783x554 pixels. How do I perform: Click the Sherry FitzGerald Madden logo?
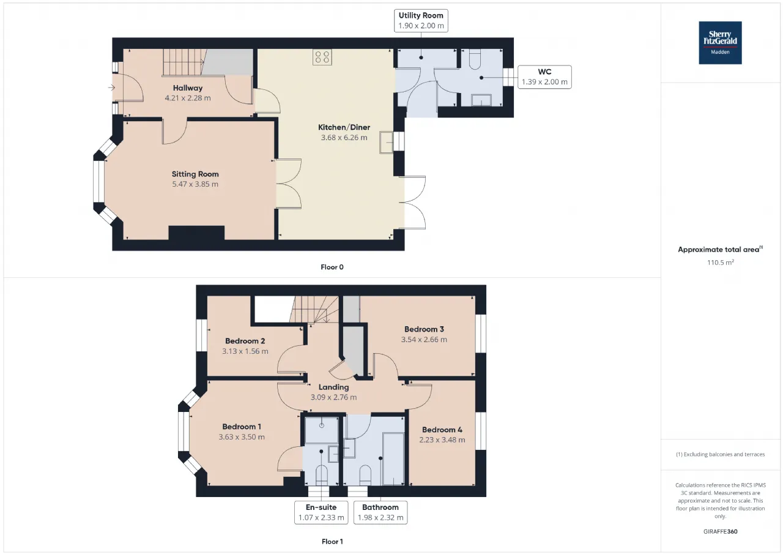point(720,43)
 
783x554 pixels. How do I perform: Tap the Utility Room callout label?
point(421,21)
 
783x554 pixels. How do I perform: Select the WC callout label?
point(544,77)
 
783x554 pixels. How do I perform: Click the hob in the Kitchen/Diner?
point(322,57)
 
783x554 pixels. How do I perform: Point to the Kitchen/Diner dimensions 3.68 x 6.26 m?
point(344,138)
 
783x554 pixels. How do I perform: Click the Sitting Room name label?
point(195,174)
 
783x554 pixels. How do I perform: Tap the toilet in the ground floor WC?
point(475,59)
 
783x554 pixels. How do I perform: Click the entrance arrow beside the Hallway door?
point(111,88)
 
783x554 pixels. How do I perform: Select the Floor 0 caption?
point(332,268)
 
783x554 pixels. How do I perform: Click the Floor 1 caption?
point(332,541)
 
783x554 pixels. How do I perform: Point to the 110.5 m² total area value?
point(721,263)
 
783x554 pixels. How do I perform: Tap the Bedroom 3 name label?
point(424,329)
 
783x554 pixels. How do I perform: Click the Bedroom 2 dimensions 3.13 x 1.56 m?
point(245,351)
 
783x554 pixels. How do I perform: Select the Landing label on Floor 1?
point(333,387)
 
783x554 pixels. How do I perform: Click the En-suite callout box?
point(321,512)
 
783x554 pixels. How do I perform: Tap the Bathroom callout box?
point(380,512)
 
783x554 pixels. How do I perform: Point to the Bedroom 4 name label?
point(442,430)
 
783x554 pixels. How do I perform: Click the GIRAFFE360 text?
point(721,531)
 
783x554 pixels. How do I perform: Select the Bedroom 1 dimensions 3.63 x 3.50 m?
point(242,437)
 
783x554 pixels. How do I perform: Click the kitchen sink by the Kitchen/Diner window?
point(386,143)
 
